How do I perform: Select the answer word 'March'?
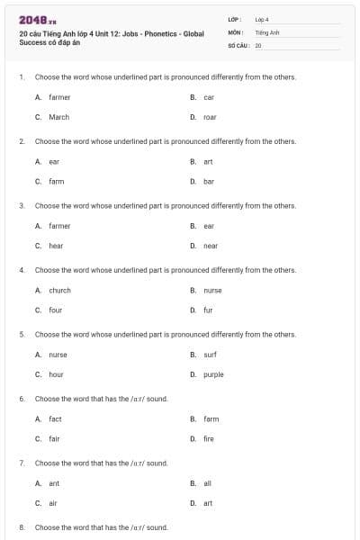tap(58, 117)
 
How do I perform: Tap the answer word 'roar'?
tap(210, 117)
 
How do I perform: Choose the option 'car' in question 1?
tap(209, 97)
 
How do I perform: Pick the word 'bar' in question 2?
tap(209, 181)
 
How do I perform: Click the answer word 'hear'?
tap(56, 246)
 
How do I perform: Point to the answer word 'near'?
tap(211, 246)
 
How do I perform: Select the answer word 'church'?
tap(59, 291)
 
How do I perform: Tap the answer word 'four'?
tap(56, 310)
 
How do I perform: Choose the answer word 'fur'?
tap(208, 310)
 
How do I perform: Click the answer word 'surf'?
tap(210, 355)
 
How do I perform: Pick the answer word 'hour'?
tap(56, 374)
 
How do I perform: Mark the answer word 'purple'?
tap(213, 374)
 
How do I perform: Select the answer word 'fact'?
tap(55, 419)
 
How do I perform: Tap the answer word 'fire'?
tap(209, 438)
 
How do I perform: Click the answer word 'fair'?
tap(54, 438)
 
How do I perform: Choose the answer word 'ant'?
tap(54, 483)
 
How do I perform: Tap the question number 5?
tap(22, 335)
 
